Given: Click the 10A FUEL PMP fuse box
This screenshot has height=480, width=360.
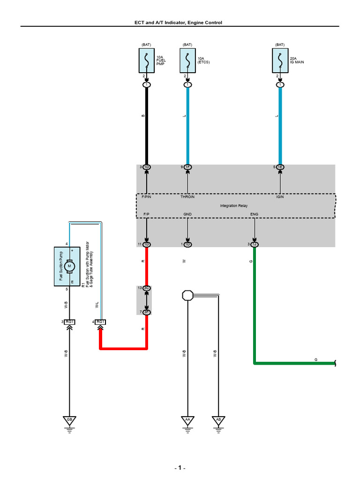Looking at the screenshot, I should pyautogui.click(x=147, y=61).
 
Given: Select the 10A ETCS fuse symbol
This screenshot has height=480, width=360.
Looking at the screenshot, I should pyautogui.click(x=187, y=61).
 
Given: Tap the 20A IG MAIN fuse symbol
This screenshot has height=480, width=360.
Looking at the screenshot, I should pyautogui.click(x=280, y=61).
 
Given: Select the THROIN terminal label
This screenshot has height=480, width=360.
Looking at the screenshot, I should pyautogui.click(x=187, y=197).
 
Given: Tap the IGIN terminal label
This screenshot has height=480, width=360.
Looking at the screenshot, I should pyautogui.click(x=280, y=197).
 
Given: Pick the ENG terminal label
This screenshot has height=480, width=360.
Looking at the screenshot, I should pyautogui.click(x=254, y=214).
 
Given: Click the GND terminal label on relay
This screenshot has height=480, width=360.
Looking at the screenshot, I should pyautogui.click(x=187, y=214).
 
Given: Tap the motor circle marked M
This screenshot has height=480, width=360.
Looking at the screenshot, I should pyautogui.click(x=70, y=266).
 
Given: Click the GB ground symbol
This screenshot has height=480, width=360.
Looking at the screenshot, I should pyautogui.click(x=69, y=420).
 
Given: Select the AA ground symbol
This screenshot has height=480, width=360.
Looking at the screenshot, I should pyautogui.click(x=187, y=420).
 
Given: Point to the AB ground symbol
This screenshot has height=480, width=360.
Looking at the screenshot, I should pyautogui.click(x=218, y=420).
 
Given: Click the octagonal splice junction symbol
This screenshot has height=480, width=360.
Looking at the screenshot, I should pyautogui.click(x=187, y=295).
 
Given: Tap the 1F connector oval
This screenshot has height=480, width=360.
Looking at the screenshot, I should pyautogui.click(x=187, y=167).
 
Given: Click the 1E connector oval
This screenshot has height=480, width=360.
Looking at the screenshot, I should pyautogui.click(x=280, y=167).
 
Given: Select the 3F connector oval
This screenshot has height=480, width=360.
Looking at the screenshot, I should pyautogui.click(x=147, y=312).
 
